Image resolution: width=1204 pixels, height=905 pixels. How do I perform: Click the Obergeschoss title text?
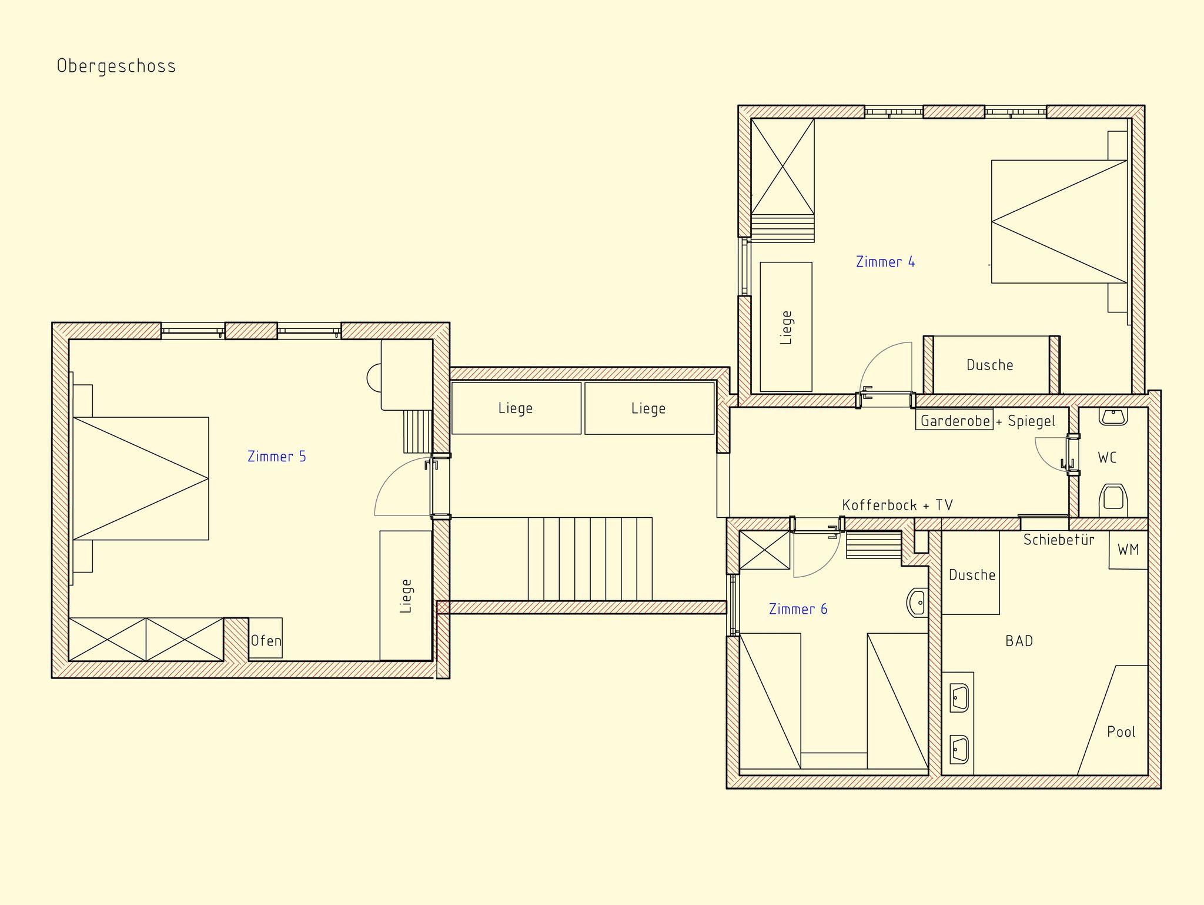coord(116,66)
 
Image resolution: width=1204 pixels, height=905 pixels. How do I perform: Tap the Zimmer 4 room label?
coord(885,262)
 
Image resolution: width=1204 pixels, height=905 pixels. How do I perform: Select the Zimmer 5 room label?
coord(277,457)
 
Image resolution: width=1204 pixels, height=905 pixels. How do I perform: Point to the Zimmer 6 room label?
coord(798,609)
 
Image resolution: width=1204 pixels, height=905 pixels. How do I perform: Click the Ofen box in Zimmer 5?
coord(266,638)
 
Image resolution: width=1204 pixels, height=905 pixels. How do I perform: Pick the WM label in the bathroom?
coord(1128,550)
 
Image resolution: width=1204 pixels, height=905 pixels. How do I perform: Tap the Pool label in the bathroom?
coord(1121,732)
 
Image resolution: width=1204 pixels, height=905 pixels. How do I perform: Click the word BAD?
coord(1019,641)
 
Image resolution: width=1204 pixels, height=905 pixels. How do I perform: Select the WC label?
coord(1107,457)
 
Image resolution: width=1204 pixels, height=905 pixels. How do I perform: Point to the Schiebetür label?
coord(1059,540)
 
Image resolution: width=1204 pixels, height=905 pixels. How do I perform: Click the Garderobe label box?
coord(954,420)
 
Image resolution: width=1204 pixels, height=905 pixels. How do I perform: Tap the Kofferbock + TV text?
coord(898,505)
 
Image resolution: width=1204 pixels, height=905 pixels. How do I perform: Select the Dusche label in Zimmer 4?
coord(990,365)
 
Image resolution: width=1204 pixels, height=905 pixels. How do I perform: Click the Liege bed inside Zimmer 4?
coord(786,327)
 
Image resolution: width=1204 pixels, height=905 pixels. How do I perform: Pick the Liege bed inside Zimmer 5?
coord(406,595)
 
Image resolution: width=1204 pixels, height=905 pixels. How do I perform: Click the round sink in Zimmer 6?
coord(918,603)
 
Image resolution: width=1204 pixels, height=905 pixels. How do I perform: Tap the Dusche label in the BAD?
coord(972,575)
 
